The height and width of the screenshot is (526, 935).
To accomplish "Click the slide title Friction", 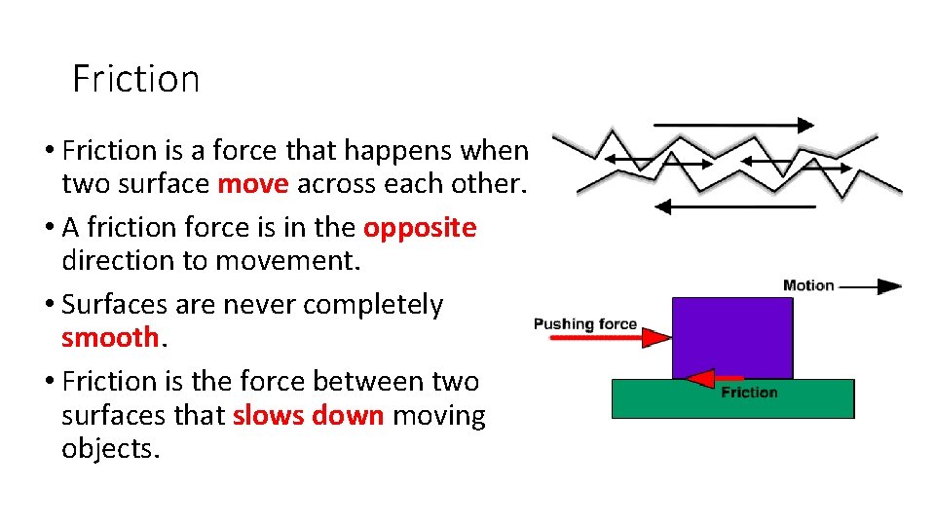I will tap(135, 79).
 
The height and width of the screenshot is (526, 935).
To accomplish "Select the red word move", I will tap(253, 184).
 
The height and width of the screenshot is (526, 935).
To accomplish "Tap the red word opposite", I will tap(420, 228).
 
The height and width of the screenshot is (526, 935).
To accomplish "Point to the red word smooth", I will tap(109, 338).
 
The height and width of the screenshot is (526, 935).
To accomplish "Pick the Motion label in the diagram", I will tap(808, 285).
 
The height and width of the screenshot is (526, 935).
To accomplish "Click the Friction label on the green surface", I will tap(749, 393).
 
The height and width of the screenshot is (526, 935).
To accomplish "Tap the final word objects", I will tap(110, 450).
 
